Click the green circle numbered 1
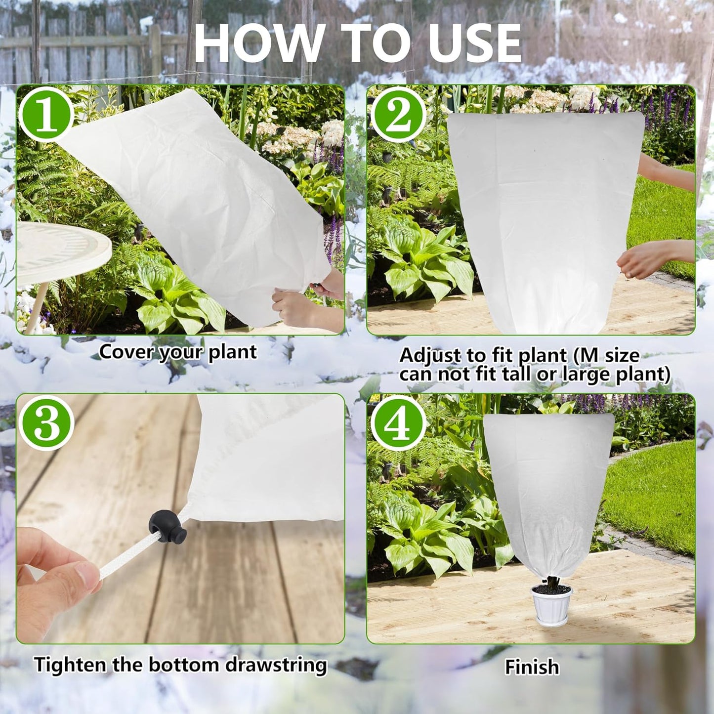pos(47,115)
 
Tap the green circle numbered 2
pos(398,115)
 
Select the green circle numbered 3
pos(47,422)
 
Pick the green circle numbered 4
pos(398,422)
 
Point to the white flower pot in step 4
pos(551,605)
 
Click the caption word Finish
pos(532,667)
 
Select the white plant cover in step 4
pos(548,489)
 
